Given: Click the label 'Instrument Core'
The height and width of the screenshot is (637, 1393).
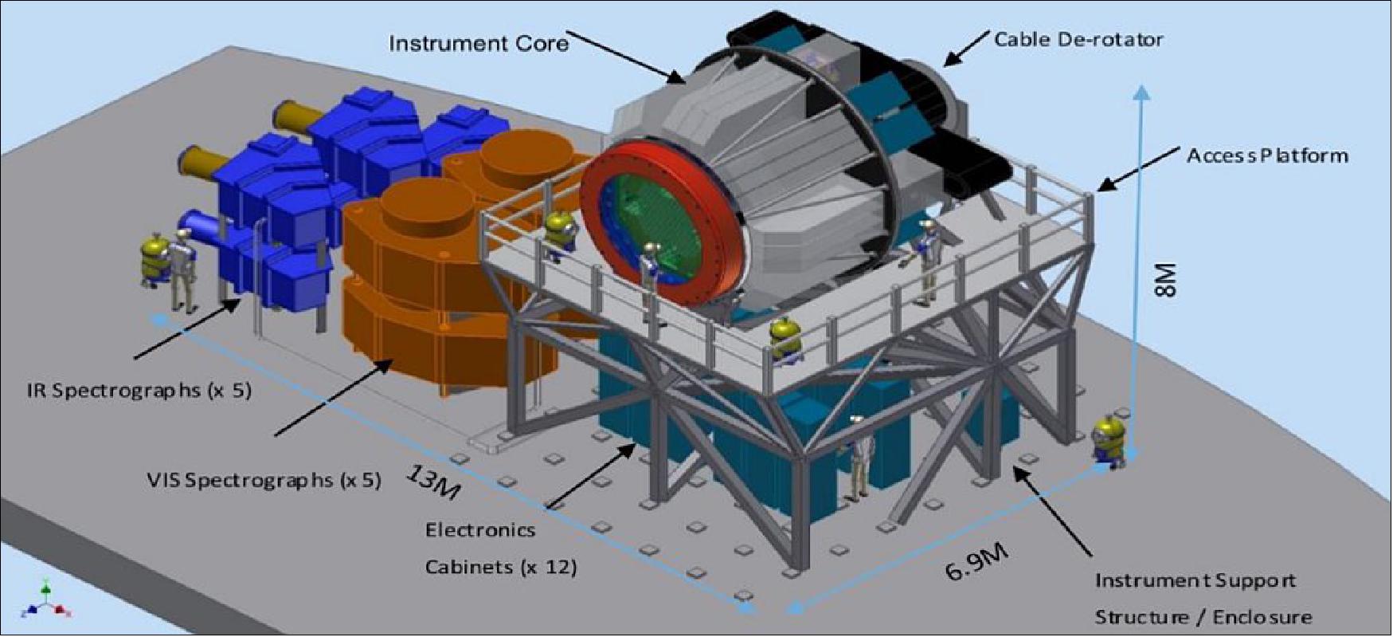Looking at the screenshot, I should click(x=479, y=42).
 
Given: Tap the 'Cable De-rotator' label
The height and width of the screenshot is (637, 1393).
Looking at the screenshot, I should click(x=1078, y=39).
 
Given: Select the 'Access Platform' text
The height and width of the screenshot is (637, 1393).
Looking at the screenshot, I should click(x=1267, y=155).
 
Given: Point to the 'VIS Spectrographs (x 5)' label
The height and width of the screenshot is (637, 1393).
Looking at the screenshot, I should click(x=264, y=481).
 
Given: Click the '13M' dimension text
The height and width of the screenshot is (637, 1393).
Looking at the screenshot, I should click(x=433, y=483).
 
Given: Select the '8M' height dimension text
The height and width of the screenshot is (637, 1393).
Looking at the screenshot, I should click(x=1164, y=281).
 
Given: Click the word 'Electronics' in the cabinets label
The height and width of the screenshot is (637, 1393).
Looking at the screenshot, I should click(x=480, y=530).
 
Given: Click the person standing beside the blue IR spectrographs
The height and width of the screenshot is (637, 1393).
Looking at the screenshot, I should click(x=183, y=269).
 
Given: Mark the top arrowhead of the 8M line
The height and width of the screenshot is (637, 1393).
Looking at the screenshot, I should click(x=1142, y=92).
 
